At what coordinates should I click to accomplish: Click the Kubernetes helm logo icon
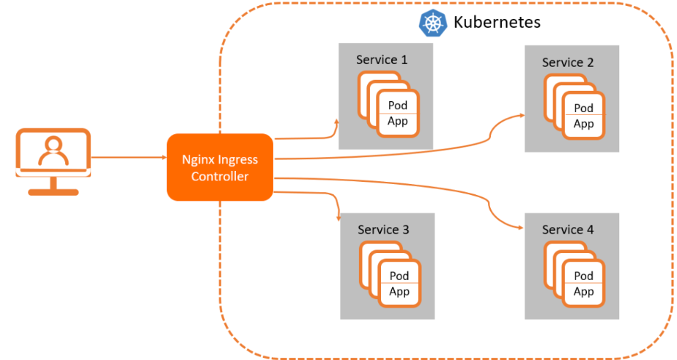432,22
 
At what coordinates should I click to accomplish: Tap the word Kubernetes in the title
497,22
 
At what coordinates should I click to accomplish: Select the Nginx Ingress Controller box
220,168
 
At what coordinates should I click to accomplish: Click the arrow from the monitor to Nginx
128,157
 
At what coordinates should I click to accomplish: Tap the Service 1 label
382,59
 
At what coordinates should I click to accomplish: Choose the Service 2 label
568,62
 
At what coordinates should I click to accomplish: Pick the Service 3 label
383,230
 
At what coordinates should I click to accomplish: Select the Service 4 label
568,230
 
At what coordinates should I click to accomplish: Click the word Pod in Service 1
398,106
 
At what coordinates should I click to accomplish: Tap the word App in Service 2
584,124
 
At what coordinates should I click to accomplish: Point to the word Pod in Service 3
399,276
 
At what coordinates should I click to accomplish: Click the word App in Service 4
584,292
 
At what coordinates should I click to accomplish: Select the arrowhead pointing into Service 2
522,116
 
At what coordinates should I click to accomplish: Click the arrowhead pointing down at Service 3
338,218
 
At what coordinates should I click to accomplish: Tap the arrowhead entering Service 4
522,227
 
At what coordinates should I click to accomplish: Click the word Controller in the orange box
220,177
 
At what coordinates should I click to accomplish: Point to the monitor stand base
53,192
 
